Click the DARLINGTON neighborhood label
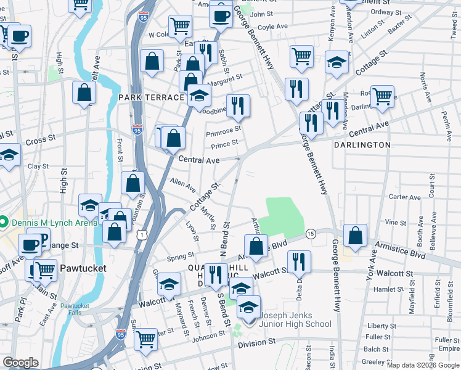[x=362, y=145]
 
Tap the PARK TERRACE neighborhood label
[x=152, y=98]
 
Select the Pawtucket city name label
[x=84, y=269]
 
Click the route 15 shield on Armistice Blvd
[x=311, y=234]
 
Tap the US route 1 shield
[x=142, y=234]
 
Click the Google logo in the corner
[x=20, y=363]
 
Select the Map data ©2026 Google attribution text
[x=422, y=365]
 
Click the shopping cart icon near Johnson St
[x=146, y=338]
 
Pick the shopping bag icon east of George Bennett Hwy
[x=356, y=235]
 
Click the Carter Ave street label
[x=405, y=197]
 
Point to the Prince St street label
[x=224, y=144]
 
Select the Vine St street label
[x=395, y=222]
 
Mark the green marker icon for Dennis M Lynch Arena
[x=4, y=221]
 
